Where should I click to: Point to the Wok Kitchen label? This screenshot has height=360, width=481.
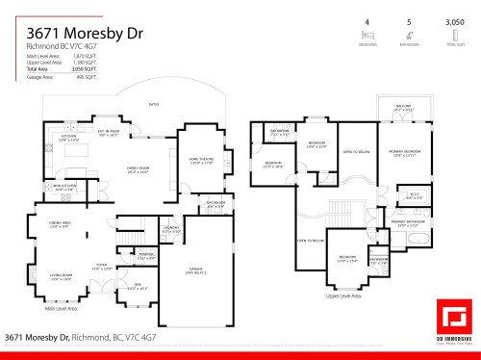pos(63,187)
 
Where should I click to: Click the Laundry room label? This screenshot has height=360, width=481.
pos(171,230)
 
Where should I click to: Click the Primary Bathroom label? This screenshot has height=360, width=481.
pos(408,224)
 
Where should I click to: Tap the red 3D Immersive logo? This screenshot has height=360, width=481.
pos(455,319)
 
